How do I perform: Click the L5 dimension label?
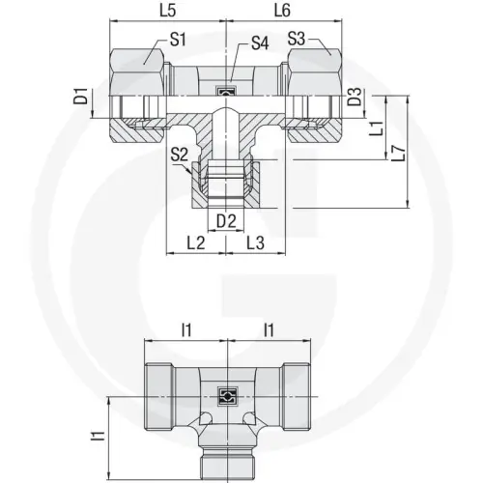point(166,13)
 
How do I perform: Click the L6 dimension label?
point(281,13)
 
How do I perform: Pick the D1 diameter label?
point(84,98)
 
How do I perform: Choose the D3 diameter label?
point(355,99)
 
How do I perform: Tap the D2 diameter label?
point(226,221)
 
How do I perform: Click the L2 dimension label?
point(197,241)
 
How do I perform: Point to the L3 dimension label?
point(256,241)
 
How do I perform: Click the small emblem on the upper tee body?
point(226,92)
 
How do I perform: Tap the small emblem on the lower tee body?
point(226,394)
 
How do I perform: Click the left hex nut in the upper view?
point(141,71)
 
